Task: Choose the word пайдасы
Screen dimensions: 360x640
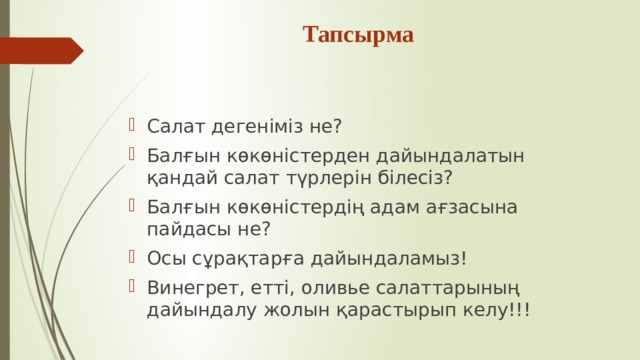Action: click(189, 229)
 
